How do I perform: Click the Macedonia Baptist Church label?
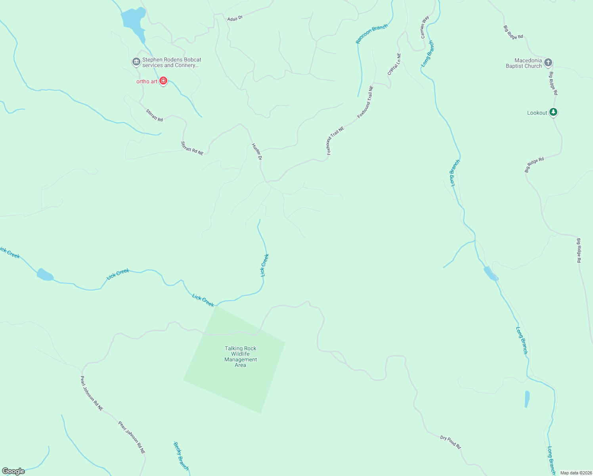click(x=524, y=63)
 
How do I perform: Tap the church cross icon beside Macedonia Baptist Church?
click(x=548, y=62)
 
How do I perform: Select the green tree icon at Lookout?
click(x=554, y=112)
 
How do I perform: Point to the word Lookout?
click(x=537, y=113)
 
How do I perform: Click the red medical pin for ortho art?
click(x=163, y=81)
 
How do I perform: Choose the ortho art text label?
click(x=147, y=82)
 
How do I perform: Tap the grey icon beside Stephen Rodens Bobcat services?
click(x=136, y=62)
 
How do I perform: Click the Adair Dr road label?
click(x=235, y=18)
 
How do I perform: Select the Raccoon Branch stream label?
click(x=371, y=34)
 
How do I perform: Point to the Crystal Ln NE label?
click(x=394, y=64)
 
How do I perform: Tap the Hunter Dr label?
click(x=257, y=152)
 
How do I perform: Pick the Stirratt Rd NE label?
click(x=192, y=148)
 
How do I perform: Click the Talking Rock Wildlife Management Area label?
click(x=241, y=357)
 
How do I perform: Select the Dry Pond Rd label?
click(x=450, y=442)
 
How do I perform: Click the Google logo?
click(x=13, y=471)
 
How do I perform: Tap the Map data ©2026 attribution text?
click(x=576, y=473)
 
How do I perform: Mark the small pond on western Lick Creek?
click(x=45, y=274)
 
